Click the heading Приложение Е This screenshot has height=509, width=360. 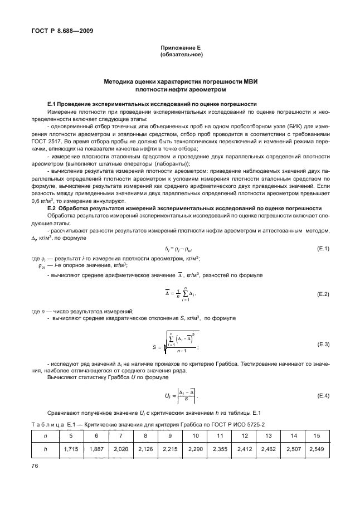pyautogui.click(x=181, y=49)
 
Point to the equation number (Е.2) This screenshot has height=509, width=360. pyautogui.click(x=322, y=293)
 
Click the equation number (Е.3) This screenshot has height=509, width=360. pyautogui.click(x=322, y=345)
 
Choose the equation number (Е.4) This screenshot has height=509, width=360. pyautogui.click(x=322, y=396)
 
